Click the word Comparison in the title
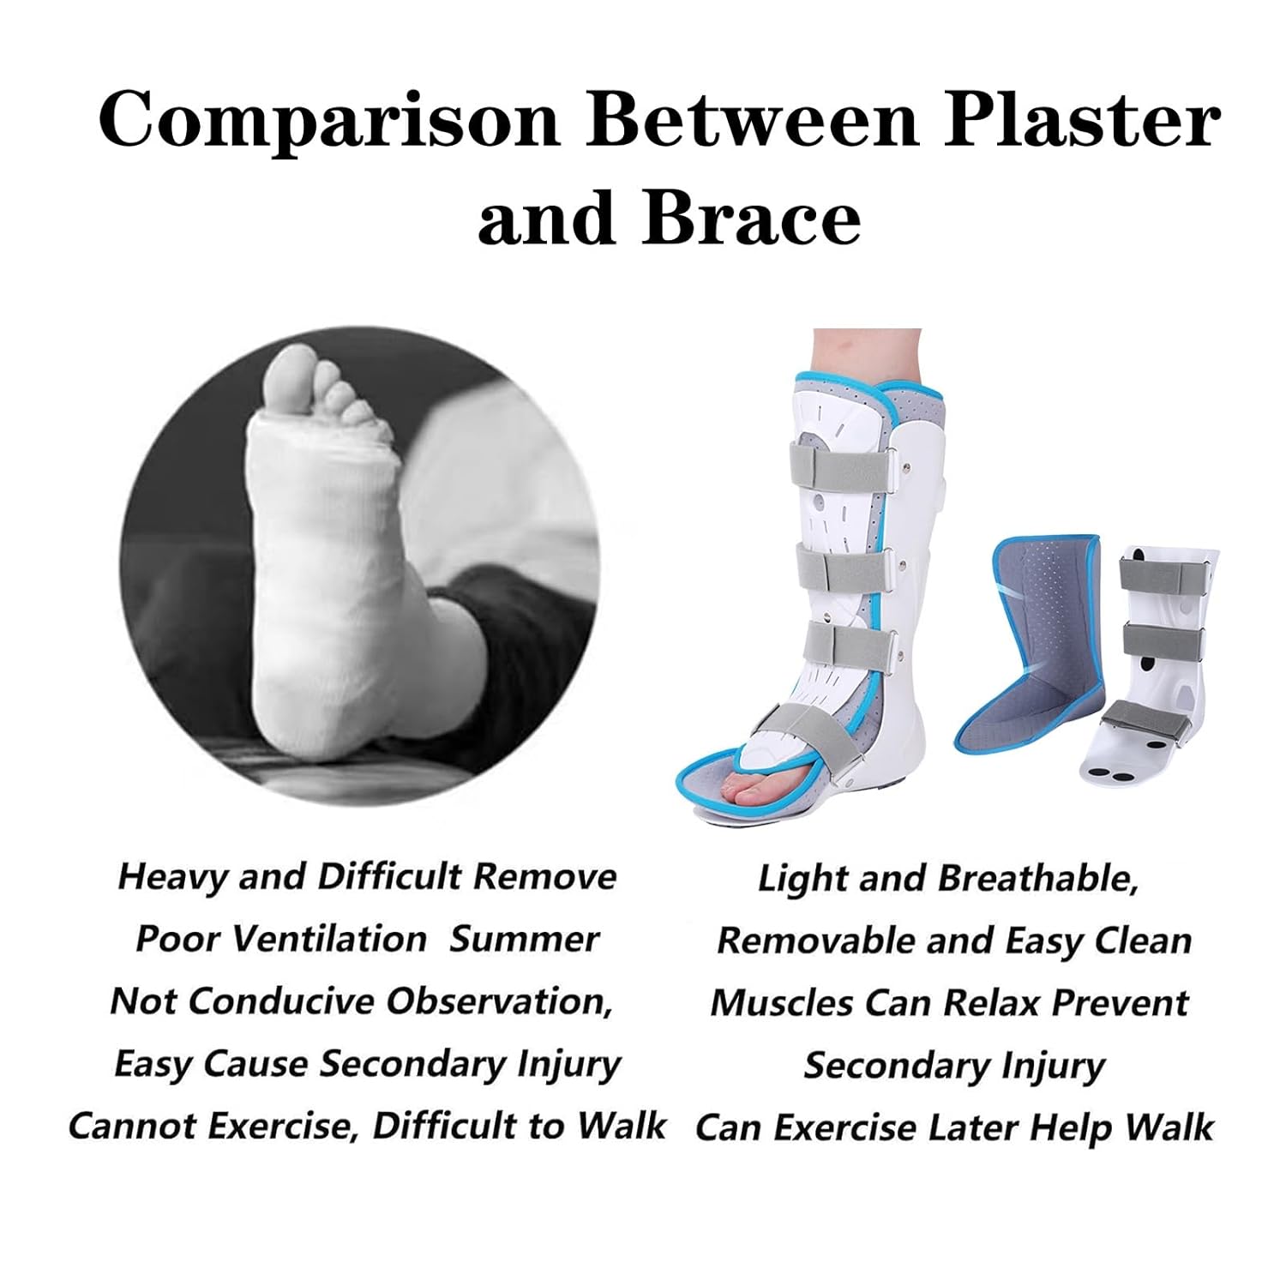tap(329, 120)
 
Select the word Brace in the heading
tap(750, 218)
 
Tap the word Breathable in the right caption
tap(1037, 878)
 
